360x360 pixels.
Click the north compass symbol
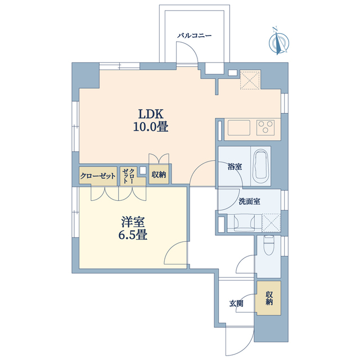click(x=279, y=43)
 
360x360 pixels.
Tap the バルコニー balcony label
click(x=194, y=36)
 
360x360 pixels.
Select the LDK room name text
click(x=151, y=114)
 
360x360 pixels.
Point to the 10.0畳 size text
click(x=151, y=127)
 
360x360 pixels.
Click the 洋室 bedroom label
click(x=133, y=222)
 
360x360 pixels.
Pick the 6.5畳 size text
click(x=133, y=235)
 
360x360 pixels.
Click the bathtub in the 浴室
click(x=260, y=166)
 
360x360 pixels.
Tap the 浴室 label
click(x=235, y=166)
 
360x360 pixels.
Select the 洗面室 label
click(x=249, y=201)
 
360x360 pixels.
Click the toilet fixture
click(x=268, y=245)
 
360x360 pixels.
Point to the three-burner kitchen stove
click(x=265, y=128)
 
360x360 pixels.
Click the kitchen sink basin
click(x=238, y=128)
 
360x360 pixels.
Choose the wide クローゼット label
click(x=98, y=176)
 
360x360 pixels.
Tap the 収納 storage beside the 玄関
click(x=269, y=298)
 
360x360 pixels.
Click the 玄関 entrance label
click(x=236, y=304)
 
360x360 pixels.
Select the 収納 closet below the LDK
click(x=159, y=174)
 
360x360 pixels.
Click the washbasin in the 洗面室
click(x=244, y=222)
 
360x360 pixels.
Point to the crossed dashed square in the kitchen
click(x=250, y=79)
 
